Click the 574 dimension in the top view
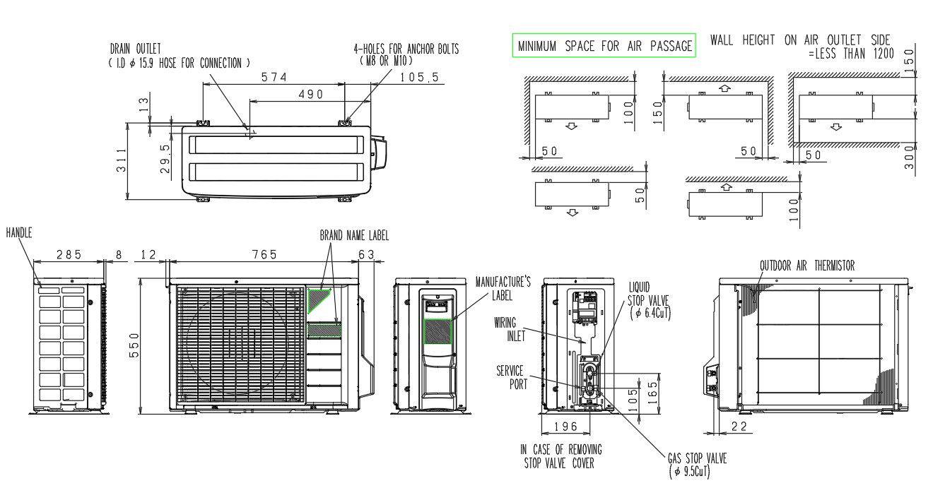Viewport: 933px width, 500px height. (273, 76)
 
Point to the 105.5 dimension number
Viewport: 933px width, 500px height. (418, 77)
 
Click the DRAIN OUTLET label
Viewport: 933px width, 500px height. (135, 49)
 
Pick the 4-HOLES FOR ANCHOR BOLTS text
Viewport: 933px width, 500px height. (406, 49)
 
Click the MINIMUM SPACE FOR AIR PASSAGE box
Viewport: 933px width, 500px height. (604, 46)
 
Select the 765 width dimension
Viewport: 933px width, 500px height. (264, 254)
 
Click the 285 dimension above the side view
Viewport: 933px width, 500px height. (69, 254)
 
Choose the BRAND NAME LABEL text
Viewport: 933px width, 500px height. (354, 236)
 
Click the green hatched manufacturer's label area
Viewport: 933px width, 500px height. (438, 331)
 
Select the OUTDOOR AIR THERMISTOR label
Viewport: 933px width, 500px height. (806, 266)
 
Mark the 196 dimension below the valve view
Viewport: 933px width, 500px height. (566, 427)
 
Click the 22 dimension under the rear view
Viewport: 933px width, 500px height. (740, 426)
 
